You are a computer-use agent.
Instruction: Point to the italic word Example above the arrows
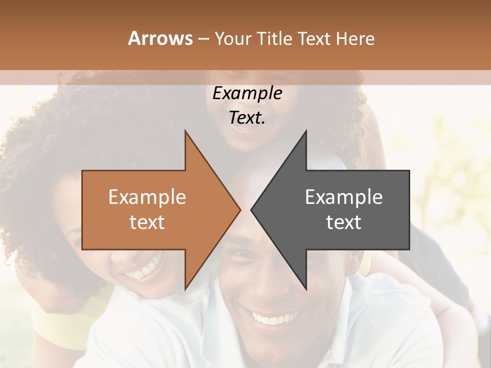coord(247,94)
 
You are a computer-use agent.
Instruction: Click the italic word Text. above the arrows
coord(247,118)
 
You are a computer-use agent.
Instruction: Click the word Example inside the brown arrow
coord(147,197)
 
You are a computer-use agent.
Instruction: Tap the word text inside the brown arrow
coord(147,222)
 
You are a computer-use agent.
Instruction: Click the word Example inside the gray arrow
coord(344,197)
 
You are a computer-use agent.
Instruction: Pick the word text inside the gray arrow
coord(344,222)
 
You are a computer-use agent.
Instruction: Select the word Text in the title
coord(315,38)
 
